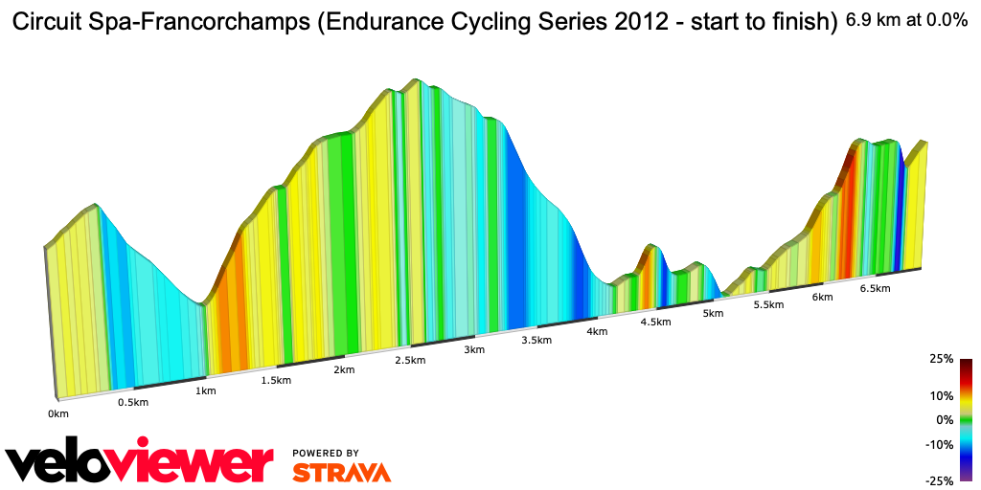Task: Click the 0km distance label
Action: click(58, 413)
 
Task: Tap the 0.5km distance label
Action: click(132, 402)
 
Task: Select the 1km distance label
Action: click(205, 390)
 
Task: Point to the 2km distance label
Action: click(344, 369)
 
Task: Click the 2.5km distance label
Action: click(410, 360)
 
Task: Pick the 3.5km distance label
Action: click(536, 341)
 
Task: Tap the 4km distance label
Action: click(597, 331)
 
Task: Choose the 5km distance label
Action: click(712, 313)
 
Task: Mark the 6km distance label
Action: click(821, 297)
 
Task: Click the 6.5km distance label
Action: click(875, 288)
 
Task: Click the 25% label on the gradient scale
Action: click(941, 359)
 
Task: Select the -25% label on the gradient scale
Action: click(939, 480)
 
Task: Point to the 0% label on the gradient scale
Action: click(945, 419)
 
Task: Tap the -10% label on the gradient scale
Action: click(939, 444)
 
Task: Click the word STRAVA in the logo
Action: click(341, 472)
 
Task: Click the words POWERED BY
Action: click(326, 453)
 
